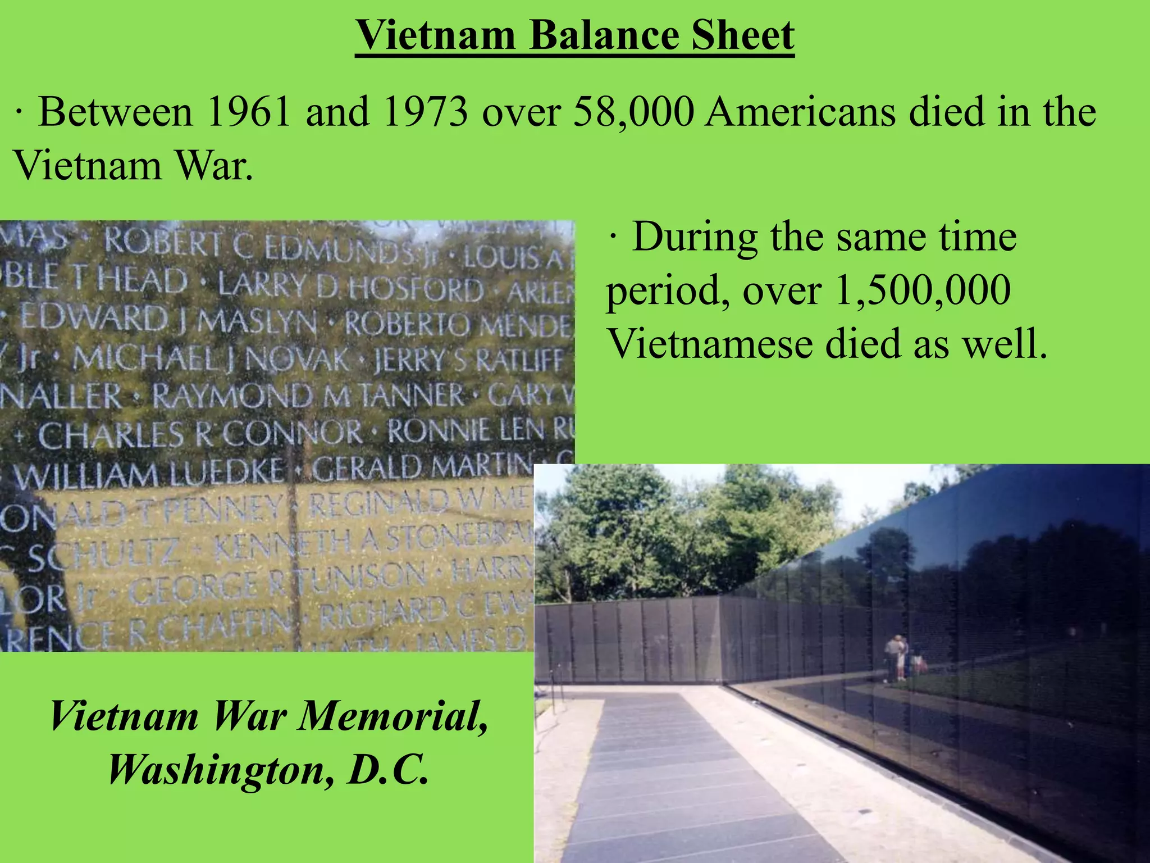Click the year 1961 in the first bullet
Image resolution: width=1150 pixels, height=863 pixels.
point(249,112)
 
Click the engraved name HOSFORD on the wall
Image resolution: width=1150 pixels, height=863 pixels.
point(416,289)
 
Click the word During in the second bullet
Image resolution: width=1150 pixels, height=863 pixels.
point(695,237)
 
